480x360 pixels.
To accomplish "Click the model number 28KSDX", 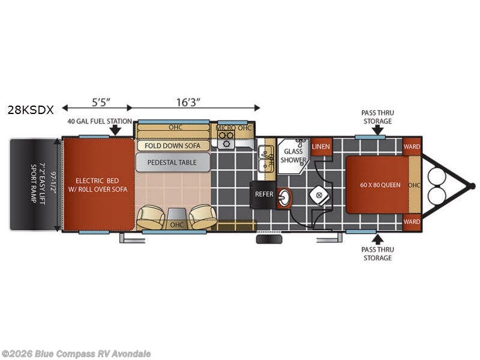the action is (31, 110).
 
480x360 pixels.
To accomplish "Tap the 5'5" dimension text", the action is (101, 102).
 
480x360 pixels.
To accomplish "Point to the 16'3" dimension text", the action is (188, 102).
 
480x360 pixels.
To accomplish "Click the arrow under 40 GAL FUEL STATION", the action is (115, 131).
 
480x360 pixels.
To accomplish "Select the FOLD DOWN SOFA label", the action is (172, 146).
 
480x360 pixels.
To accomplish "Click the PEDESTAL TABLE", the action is (173, 162).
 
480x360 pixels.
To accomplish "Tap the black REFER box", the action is (264, 194).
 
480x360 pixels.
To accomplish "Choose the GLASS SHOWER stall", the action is (293, 156).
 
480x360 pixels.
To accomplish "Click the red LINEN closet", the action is (321, 146).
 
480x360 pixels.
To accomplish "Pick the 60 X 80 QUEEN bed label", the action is (380, 185).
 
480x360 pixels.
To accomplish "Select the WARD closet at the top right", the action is (412, 146).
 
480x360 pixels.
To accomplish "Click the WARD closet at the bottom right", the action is (412, 221).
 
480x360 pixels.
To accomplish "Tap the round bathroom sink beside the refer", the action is (284, 198).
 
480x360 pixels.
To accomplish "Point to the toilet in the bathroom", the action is (320, 194).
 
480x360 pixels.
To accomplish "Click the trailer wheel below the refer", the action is (269, 239).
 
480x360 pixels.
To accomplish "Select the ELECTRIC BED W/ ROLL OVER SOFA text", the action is (98, 185).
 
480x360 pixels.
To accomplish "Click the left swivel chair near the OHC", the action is (151, 217).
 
